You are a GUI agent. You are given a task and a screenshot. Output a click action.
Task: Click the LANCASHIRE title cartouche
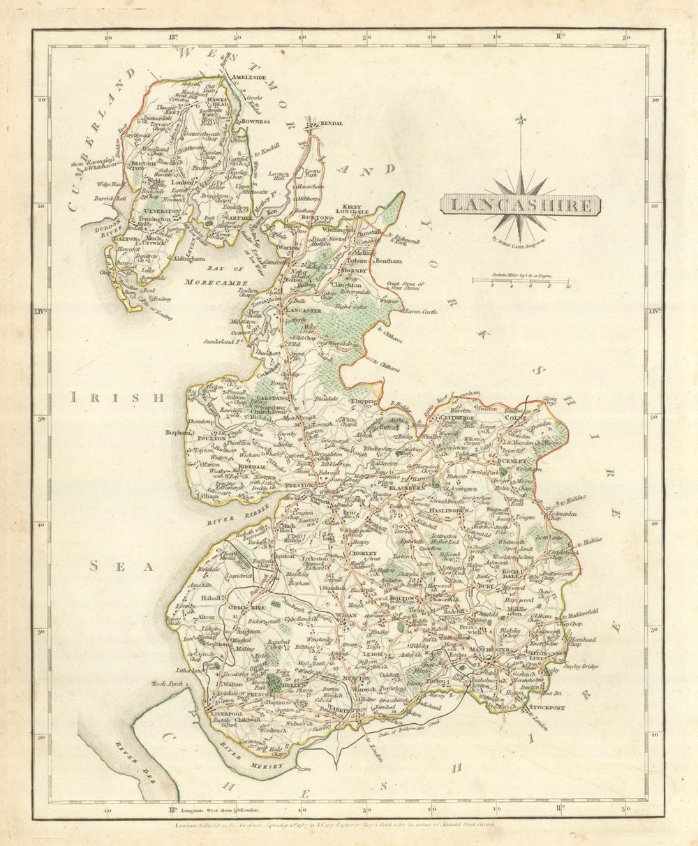tap(520, 206)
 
